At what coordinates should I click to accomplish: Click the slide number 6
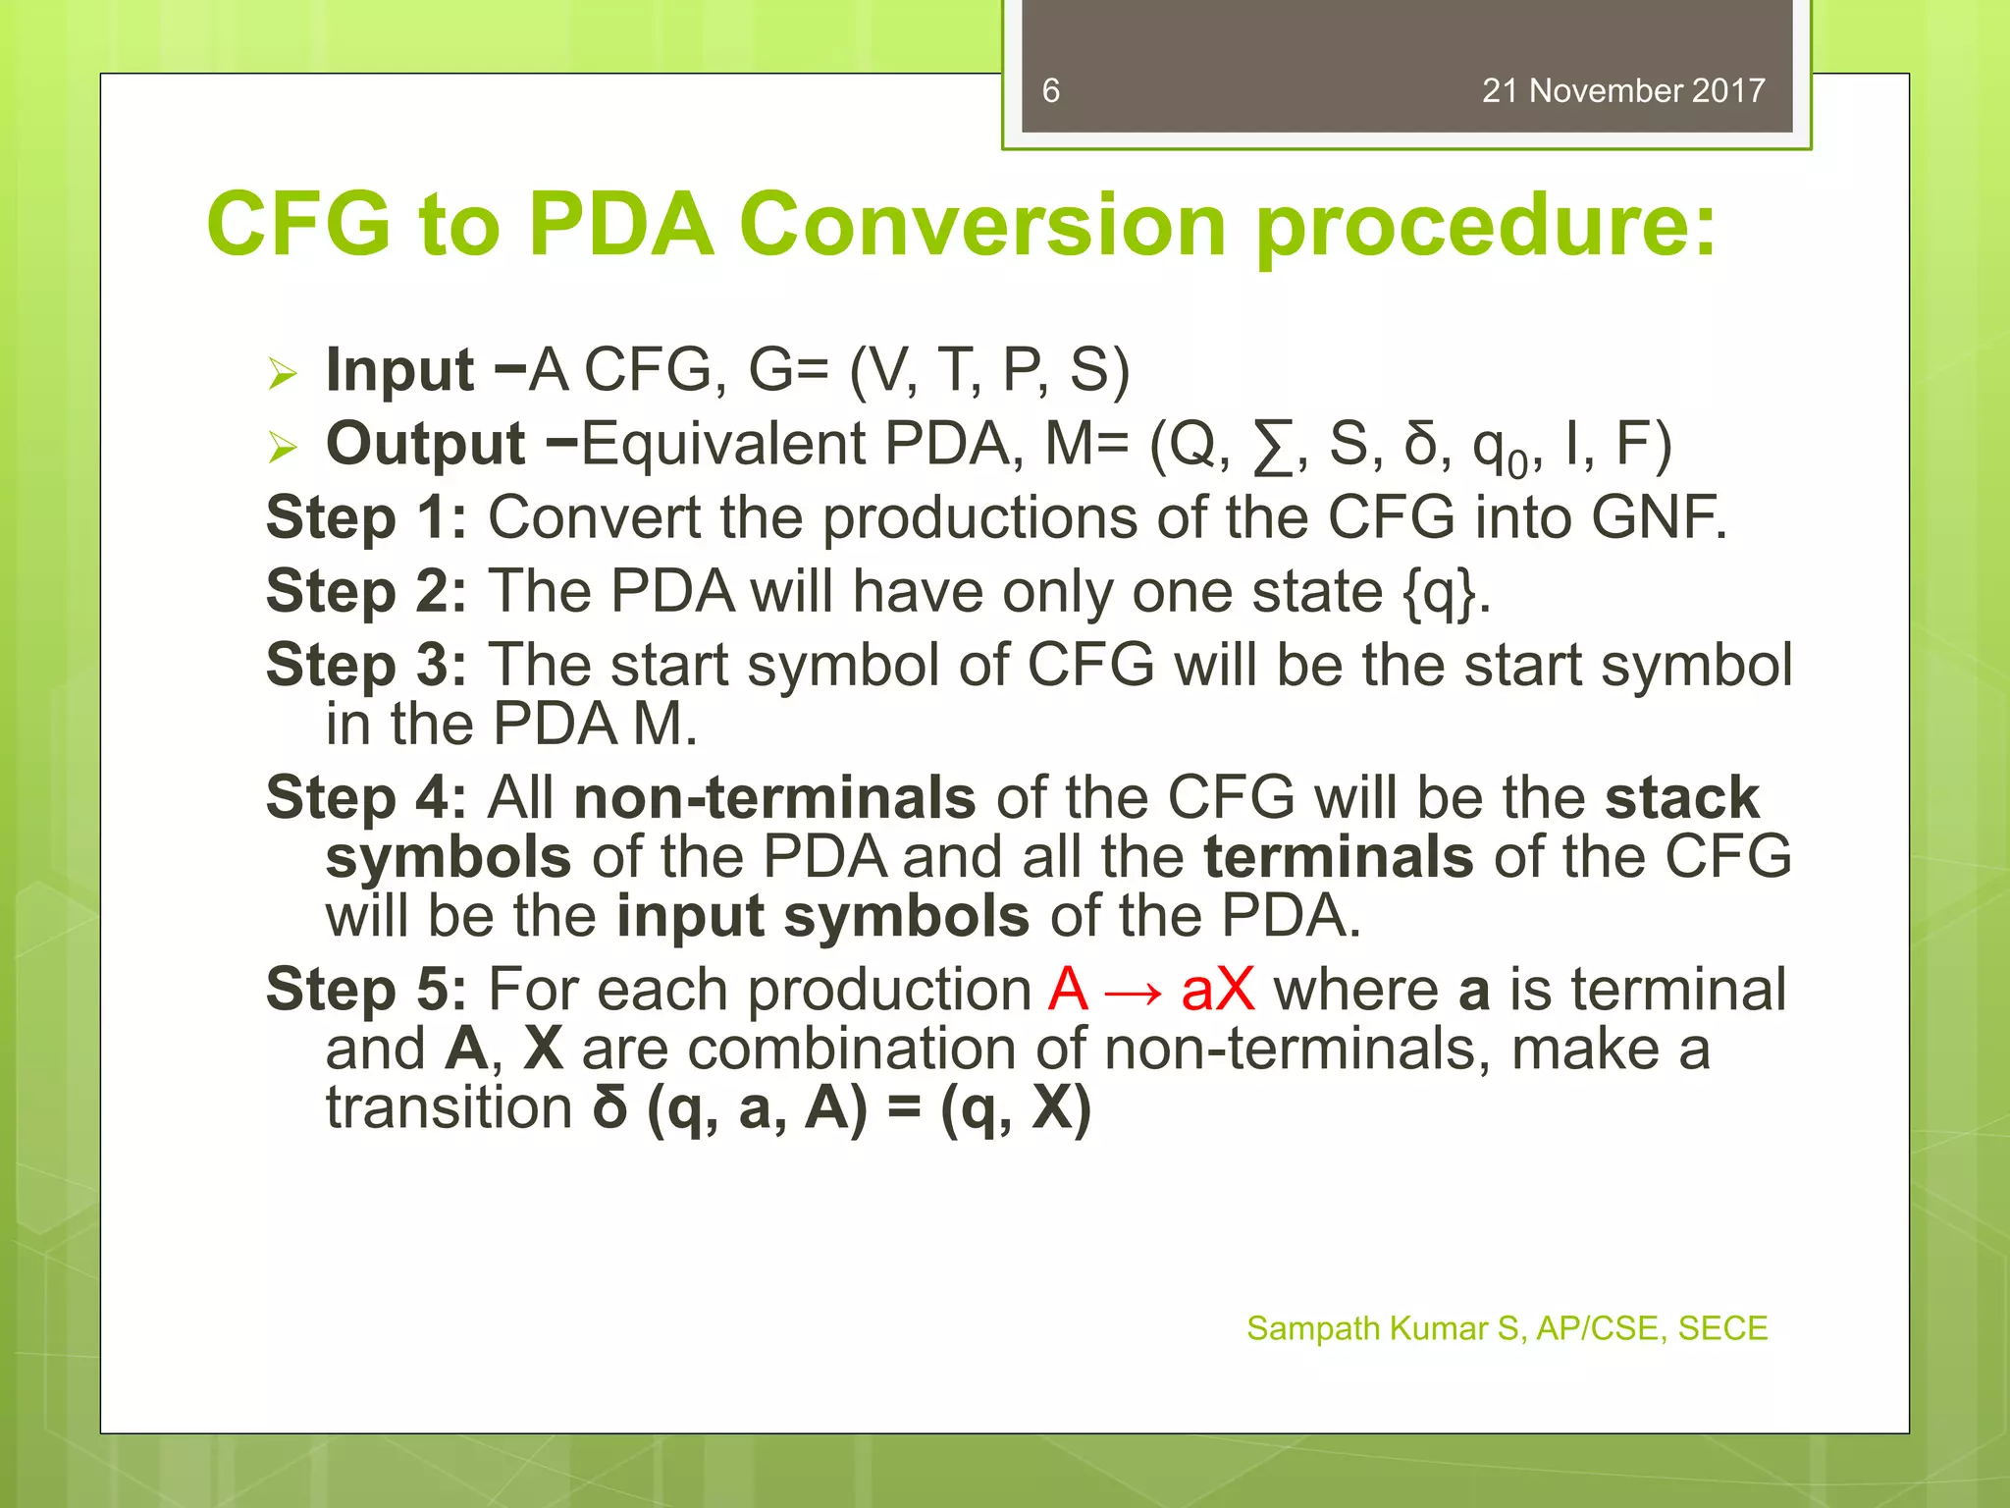(x=1050, y=91)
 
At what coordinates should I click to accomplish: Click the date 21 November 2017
(x=1622, y=91)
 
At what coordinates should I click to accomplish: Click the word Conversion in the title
(x=982, y=225)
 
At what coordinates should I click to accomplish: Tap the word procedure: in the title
(x=1486, y=228)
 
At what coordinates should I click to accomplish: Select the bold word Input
(x=399, y=371)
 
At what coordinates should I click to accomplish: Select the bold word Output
(x=425, y=445)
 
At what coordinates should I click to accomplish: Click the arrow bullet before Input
(x=283, y=374)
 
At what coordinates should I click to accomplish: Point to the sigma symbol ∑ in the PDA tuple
(x=1273, y=448)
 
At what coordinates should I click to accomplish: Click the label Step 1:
(x=366, y=518)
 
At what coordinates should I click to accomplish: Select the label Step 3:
(x=366, y=666)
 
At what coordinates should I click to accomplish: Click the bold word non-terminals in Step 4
(x=774, y=797)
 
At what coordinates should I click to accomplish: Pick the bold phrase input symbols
(x=822, y=916)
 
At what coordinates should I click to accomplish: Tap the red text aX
(x=1218, y=990)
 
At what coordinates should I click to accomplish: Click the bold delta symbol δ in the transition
(x=609, y=1109)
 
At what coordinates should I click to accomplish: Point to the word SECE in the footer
(x=1721, y=1328)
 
